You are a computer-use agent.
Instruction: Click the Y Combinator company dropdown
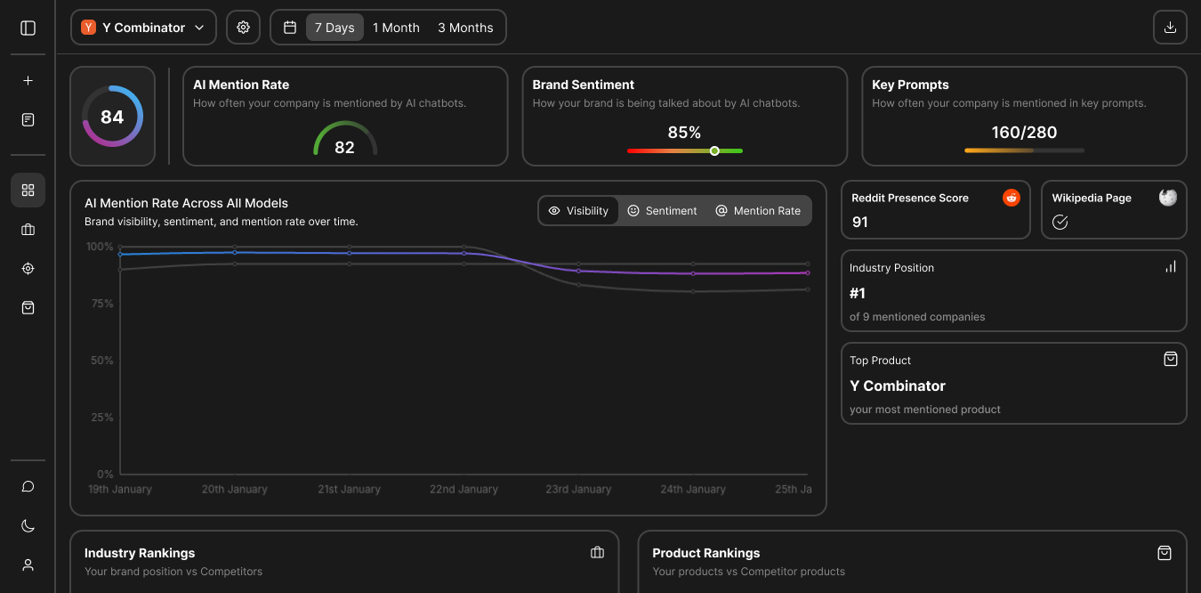[x=143, y=28]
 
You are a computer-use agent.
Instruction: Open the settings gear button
[x=243, y=28]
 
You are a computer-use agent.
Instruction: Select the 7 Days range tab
[x=335, y=28]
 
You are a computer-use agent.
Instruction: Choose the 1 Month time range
[x=396, y=28]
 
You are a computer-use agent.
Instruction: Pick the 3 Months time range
[x=465, y=28]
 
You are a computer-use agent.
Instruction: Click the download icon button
[x=1170, y=28]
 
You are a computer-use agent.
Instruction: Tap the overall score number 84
[x=112, y=117]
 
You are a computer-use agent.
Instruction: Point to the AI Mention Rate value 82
[x=344, y=147]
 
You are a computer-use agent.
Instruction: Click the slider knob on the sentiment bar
[x=714, y=150]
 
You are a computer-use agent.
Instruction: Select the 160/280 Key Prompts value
[x=1024, y=132]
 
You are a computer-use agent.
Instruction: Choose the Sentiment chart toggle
[x=662, y=210]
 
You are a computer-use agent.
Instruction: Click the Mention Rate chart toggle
[x=758, y=210]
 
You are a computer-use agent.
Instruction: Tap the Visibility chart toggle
[x=578, y=210]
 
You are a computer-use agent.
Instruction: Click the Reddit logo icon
[x=1012, y=198]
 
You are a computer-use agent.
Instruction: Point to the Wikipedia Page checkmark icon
[x=1060, y=222]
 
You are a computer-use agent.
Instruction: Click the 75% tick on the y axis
[x=102, y=304]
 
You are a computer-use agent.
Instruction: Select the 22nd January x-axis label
[x=463, y=489]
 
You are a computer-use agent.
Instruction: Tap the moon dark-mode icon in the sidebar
[x=28, y=525]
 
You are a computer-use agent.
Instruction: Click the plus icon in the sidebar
[x=28, y=80]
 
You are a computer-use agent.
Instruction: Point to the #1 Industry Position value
[x=858, y=293]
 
